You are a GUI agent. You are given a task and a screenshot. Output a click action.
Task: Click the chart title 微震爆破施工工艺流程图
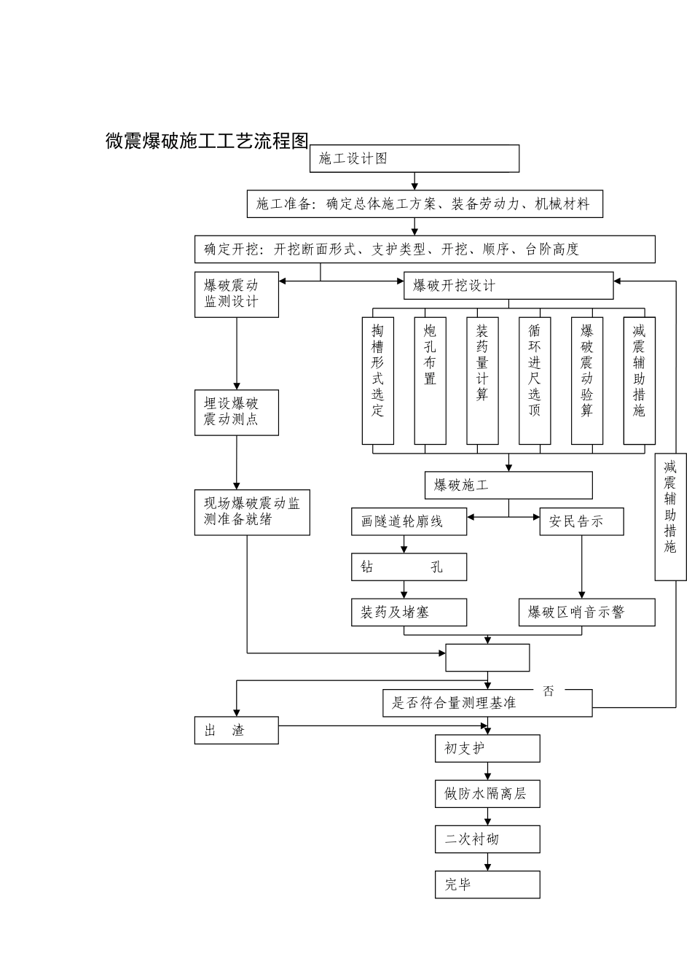[208, 141]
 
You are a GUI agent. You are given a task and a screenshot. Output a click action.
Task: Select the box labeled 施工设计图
[414, 158]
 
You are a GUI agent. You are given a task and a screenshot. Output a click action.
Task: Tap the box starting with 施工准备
[425, 204]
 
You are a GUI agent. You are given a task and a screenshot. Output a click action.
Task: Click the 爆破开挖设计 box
[508, 285]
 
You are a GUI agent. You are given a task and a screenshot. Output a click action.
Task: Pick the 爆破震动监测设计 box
[236, 294]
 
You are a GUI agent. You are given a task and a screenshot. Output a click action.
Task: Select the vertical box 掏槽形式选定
[378, 380]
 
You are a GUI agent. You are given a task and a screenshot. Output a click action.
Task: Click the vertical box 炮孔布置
[430, 380]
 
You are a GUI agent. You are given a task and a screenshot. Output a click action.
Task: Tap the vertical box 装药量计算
[482, 380]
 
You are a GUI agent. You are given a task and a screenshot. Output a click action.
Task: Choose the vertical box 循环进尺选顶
[535, 380]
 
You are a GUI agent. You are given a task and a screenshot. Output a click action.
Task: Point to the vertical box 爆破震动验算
[587, 380]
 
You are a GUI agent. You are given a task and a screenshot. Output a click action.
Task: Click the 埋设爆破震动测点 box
[236, 413]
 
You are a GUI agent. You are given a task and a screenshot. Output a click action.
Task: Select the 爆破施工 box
[508, 485]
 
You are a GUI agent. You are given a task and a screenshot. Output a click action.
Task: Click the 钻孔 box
[409, 567]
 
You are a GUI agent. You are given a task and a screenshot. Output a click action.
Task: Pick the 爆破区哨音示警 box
[587, 612]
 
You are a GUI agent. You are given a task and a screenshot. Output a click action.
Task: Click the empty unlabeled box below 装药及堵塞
[487, 657]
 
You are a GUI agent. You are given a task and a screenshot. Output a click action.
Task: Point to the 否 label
[549, 691]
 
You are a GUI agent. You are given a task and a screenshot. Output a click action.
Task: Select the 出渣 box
[236, 730]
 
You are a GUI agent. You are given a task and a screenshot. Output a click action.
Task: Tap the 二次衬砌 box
[487, 839]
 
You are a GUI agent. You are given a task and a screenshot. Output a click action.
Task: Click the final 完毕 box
[487, 884]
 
